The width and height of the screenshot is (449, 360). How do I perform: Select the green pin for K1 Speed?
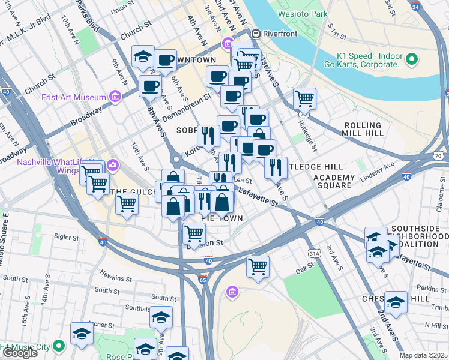pos(412,59)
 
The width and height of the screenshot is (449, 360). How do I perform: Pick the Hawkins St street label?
pos(115,278)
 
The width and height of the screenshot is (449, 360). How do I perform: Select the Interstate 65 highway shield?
pos(202,280)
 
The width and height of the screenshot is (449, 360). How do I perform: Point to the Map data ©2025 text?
pos(423,355)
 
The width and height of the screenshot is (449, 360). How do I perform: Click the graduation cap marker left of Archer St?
pos(82,335)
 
